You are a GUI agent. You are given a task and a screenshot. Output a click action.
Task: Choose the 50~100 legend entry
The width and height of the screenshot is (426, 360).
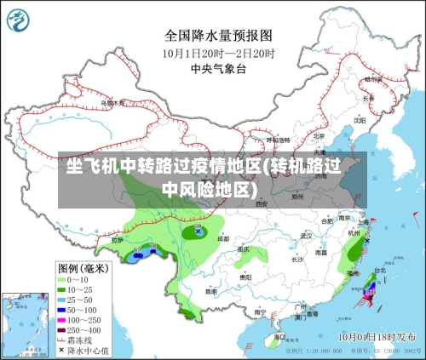tap(81, 310)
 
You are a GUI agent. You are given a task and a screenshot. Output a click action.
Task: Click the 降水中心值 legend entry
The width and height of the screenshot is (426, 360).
tap(85, 350)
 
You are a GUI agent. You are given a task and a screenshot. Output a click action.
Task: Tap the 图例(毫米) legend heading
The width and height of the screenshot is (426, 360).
tap(83, 268)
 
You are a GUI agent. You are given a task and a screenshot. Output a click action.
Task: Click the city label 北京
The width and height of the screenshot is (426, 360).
tap(318, 135)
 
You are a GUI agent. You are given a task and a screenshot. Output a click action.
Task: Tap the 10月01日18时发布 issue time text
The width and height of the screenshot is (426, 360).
tap(376, 337)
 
